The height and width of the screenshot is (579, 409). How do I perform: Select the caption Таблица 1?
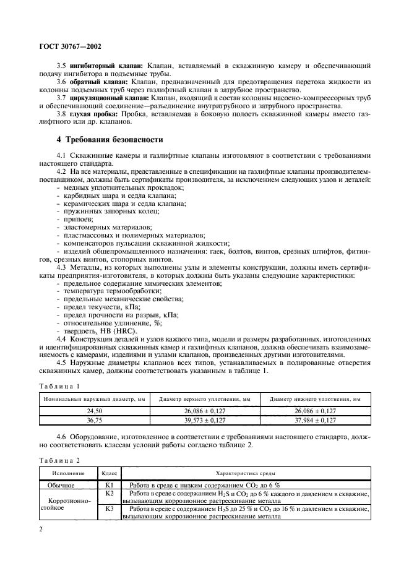coord(59,386)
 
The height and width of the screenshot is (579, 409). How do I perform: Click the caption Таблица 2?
coord(59,460)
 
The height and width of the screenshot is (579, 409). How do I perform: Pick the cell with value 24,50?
coord(94,411)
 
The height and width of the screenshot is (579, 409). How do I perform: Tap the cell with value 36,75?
coord(94,420)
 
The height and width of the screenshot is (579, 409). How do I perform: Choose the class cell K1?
coord(110,485)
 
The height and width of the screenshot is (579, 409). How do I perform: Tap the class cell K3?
coord(110,508)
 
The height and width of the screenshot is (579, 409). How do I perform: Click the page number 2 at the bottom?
coord(41,530)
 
